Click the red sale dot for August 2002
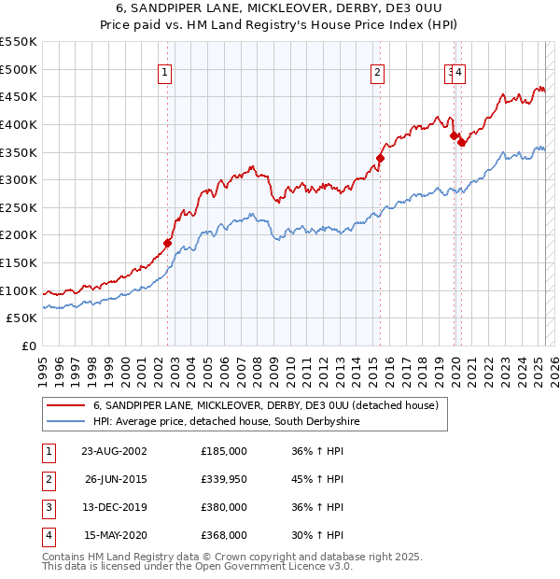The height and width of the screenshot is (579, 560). tap(168, 243)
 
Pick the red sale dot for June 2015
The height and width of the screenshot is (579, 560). tap(380, 158)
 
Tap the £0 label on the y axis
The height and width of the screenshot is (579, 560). tap(28, 346)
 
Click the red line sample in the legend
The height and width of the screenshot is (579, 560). tap(66, 405)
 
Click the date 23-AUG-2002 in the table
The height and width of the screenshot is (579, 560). tap(113, 451)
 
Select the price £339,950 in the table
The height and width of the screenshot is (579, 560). tap(223, 480)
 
